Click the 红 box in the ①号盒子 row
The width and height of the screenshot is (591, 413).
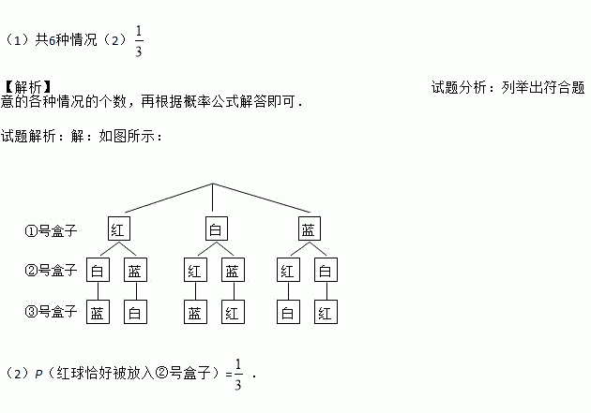point(116,229)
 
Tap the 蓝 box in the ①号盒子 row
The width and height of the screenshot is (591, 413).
point(307,229)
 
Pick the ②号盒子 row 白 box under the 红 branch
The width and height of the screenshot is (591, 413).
point(98,272)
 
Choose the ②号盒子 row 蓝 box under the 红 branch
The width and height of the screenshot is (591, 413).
point(136,272)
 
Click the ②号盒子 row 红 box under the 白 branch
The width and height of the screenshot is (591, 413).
point(195,272)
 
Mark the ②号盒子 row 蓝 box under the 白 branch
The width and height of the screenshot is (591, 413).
point(233,272)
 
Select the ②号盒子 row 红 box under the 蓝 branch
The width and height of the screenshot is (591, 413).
point(288,272)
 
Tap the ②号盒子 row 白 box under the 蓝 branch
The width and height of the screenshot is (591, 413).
point(326,272)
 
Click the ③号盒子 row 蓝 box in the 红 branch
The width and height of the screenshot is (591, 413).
point(98,313)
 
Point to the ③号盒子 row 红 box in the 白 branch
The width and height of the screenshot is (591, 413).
point(233,313)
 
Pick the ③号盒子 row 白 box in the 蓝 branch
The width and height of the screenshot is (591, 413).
point(288,313)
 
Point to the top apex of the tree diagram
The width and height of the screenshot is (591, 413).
point(213,184)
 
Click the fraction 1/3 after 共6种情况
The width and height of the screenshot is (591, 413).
point(138,41)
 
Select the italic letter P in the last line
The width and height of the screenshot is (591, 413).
point(39,374)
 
